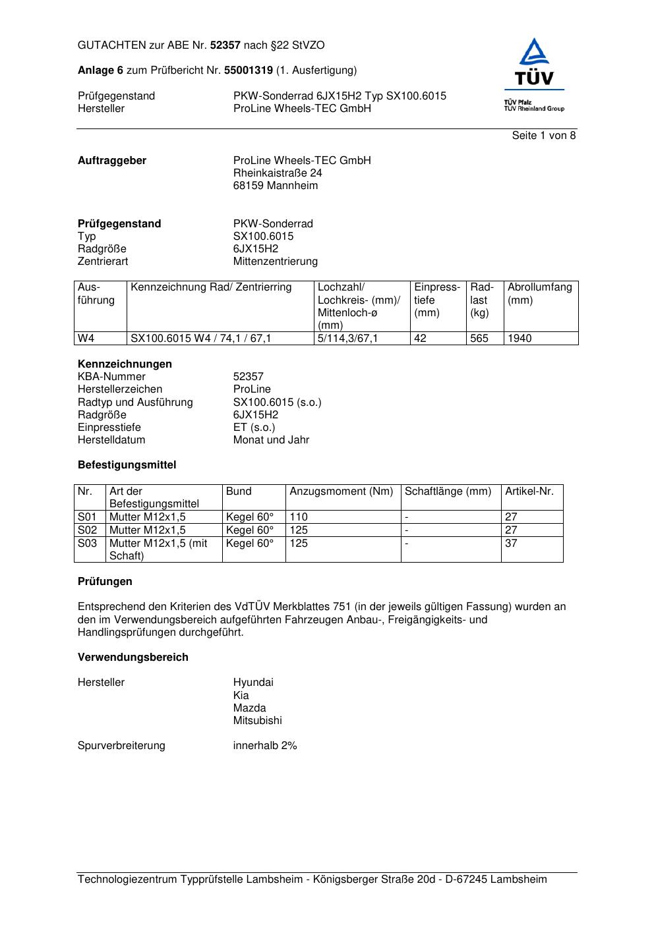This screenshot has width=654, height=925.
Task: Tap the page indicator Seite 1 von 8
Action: pyautogui.click(x=543, y=136)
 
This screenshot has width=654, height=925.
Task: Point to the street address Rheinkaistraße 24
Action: pyautogui.click(x=278, y=173)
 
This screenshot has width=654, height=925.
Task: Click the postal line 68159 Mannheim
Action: pyautogui.click(x=275, y=186)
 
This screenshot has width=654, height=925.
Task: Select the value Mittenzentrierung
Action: pyautogui.click(x=275, y=262)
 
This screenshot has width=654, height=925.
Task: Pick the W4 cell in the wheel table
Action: pyautogui.click(x=86, y=339)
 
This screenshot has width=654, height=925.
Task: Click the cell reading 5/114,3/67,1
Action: pyautogui.click(x=347, y=339)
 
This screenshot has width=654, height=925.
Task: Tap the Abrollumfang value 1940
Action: pyautogui.click(x=520, y=339)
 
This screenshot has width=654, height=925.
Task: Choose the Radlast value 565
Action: pyautogui.click(x=479, y=339)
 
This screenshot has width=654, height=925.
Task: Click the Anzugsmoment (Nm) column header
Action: pyautogui.click(x=341, y=491)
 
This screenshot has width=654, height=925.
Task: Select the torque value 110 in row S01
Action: pyautogui.click(x=299, y=517)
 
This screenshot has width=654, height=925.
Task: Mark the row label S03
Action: pyautogui.click(x=87, y=544)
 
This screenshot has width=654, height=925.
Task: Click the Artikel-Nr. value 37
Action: pyautogui.click(x=511, y=544)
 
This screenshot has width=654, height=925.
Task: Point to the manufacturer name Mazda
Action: pyautogui.click(x=249, y=708)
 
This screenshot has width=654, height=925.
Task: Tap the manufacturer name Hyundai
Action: pyautogui.click(x=253, y=683)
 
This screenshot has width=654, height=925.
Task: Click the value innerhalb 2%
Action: pyautogui.click(x=264, y=746)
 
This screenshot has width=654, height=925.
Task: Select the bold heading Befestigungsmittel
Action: pyautogui.click(x=127, y=465)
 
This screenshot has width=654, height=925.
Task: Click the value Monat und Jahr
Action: pyautogui.click(x=270, y=440)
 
